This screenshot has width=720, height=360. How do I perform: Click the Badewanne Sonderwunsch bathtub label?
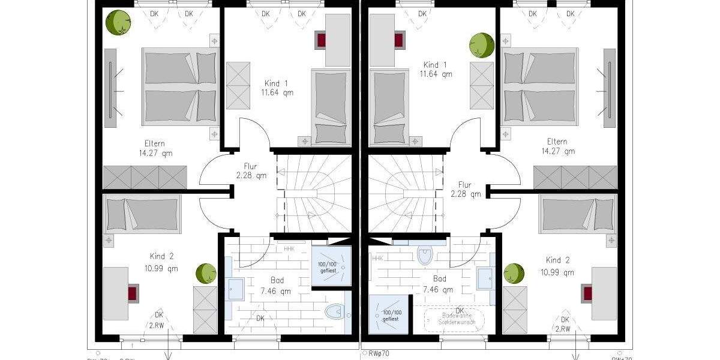pos(458,318)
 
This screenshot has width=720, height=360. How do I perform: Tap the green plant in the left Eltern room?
pos(118,23)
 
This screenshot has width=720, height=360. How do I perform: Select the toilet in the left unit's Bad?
pos(334,312)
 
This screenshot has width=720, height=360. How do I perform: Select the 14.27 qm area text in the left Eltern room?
pos(152,153)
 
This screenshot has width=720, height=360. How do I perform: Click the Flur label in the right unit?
pos(464,185)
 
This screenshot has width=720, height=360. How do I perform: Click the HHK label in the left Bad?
pos(289,248)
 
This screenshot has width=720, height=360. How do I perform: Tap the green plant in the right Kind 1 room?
pos(481,45)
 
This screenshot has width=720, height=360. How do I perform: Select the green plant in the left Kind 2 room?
pos(206,274)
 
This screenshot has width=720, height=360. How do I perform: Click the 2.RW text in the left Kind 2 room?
pos(158,325)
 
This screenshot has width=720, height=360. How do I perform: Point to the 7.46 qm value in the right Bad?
pos(439,290)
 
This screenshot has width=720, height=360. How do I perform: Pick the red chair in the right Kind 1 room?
pos(398,40)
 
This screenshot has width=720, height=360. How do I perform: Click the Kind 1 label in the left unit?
pos(277,83)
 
